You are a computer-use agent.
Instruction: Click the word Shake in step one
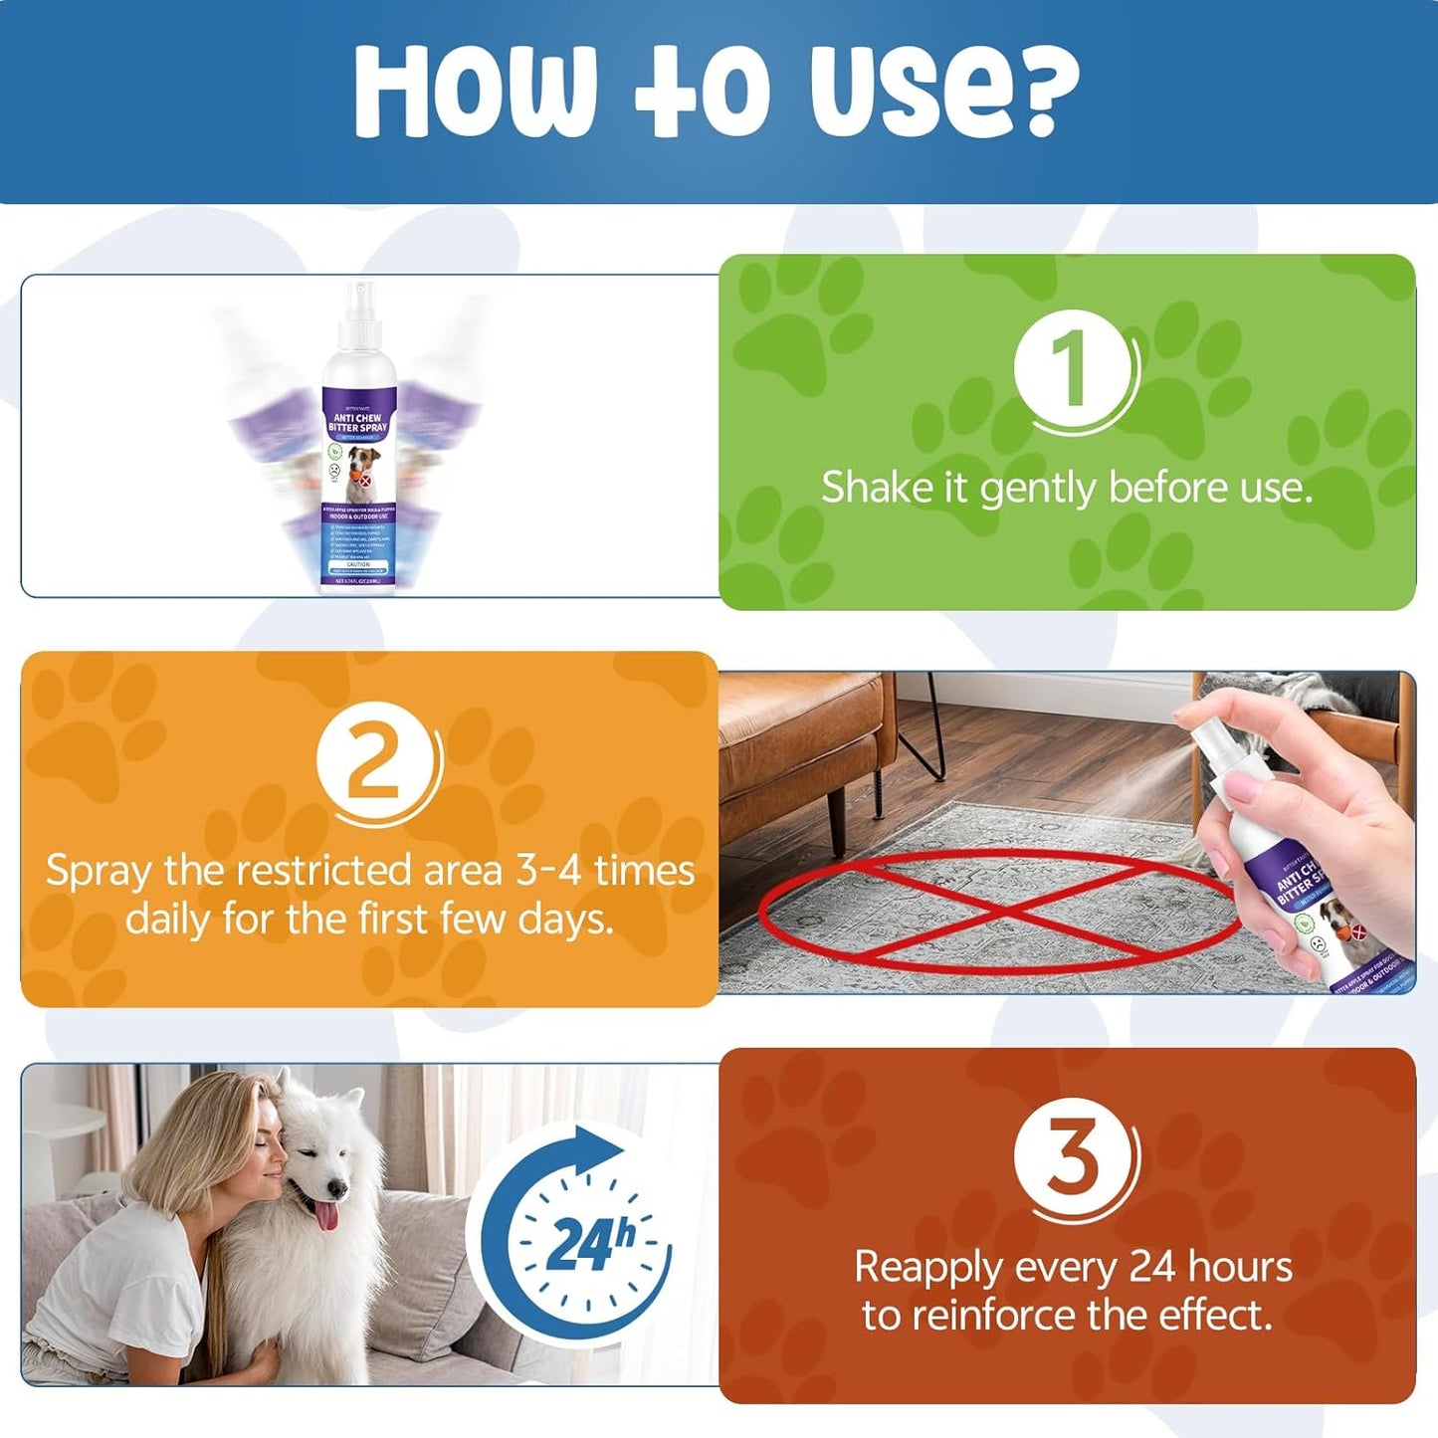tap(874, 489)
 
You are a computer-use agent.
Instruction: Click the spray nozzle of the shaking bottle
tap(360, 299)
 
